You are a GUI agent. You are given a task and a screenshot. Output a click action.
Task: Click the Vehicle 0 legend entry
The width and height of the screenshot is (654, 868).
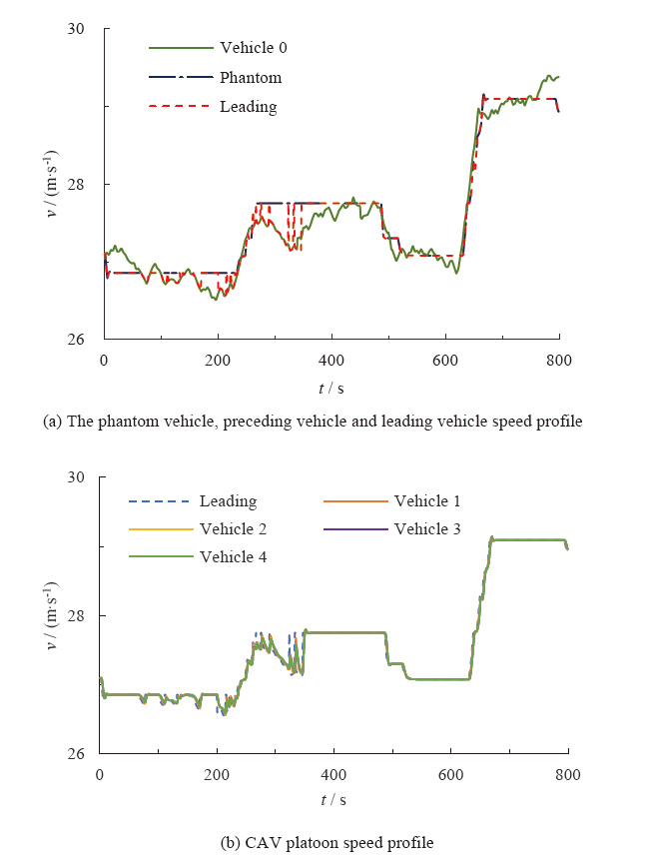tap(254, 47)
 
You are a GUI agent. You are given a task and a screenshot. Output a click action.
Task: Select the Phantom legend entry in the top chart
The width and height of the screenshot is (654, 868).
tap(251, 77)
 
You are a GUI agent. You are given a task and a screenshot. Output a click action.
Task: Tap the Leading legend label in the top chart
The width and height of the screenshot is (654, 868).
tap(248, 106)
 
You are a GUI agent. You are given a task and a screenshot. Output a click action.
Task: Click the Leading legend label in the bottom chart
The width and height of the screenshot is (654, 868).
tap(228, 501)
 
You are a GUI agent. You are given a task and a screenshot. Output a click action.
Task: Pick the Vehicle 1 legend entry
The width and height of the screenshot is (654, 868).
tap(426, 501)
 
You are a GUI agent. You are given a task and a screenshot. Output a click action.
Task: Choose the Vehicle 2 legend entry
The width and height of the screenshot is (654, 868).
tap(233, 528)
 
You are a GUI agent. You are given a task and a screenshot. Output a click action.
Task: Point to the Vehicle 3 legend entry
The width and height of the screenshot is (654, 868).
tap(426, 528)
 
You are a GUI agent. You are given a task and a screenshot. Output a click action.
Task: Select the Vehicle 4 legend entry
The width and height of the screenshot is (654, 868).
tap(233, 556)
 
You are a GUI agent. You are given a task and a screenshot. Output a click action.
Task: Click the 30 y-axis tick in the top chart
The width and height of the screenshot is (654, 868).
tap(86, 30)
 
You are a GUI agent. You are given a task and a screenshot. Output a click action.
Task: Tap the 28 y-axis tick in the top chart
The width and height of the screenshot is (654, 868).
tap(86, 185)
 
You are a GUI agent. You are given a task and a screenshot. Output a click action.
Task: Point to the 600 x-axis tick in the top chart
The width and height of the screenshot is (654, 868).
tap(445, 360)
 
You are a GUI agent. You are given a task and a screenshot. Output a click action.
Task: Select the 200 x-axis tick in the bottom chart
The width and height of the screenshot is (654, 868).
tap(217, 774)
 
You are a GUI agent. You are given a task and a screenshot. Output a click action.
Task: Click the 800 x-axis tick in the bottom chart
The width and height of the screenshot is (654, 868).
tap(568, 774)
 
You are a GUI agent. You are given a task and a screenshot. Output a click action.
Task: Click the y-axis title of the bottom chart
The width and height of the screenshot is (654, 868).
tap(52, 615)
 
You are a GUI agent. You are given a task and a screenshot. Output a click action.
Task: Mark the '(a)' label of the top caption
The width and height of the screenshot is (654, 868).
tap(52, 422)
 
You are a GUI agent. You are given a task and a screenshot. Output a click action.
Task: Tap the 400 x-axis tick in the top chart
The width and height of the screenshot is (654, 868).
tap(331, 360)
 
